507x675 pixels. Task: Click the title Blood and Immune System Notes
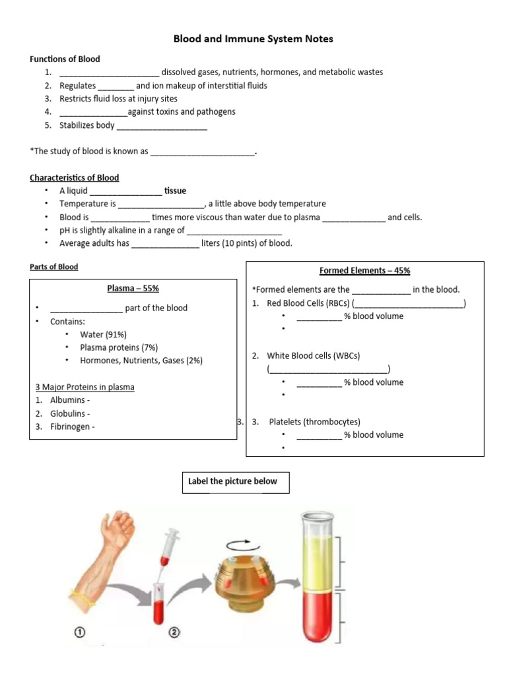[x=253, y=39]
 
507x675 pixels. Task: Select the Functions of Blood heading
[x=65, y=59]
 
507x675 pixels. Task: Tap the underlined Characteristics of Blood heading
[x=74, y=177]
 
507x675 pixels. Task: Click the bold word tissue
[x=175, y=191]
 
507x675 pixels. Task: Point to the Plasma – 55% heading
[x=133, y=288]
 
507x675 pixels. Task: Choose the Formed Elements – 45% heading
[x=364, y=270]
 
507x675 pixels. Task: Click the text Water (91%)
[x=104, y=334]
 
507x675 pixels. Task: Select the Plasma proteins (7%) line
[x=119, y=347]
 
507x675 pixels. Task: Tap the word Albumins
[x=67, y=400]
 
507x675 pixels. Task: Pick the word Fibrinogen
[x=70, y=426]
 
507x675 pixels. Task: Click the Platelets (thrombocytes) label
[x=315, y=422]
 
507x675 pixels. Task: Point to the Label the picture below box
[x=236, y=483]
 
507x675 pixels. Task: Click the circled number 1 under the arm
[x=80, y=632]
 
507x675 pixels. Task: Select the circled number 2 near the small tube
[x=174, y=632]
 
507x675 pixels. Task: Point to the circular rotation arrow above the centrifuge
[x=243, y=545]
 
